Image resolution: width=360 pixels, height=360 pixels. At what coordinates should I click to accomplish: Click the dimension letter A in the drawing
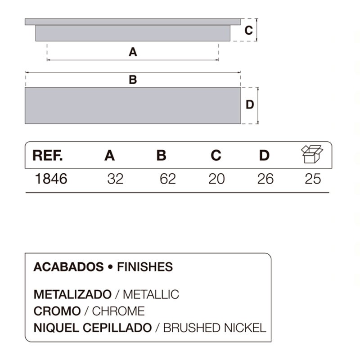pos(133,52)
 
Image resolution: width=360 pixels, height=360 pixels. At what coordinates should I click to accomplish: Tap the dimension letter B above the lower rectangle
pos(133,80)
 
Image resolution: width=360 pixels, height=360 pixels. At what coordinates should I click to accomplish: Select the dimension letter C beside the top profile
pos(249,30)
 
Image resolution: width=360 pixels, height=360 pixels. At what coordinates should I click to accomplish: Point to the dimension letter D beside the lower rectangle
pos(250,105)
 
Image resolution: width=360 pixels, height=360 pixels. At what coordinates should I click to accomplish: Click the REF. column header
pos(48,155)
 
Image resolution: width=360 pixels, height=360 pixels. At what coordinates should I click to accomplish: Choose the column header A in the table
pos(109,155)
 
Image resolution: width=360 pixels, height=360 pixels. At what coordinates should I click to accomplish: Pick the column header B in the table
pos(161,155)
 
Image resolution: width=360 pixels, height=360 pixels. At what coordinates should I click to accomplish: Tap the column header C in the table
pos(216,155)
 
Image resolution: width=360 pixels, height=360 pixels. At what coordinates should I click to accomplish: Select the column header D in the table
pos(264,155)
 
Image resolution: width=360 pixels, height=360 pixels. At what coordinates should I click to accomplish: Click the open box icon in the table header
pos(312,154)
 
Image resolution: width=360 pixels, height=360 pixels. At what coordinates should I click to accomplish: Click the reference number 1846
pos(51,179)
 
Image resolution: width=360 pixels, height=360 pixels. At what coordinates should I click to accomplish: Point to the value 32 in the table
pos(115,179)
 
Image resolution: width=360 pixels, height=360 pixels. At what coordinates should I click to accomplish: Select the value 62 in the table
pos(168,179)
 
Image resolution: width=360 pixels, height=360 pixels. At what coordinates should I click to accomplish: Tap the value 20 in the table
pos(216,179)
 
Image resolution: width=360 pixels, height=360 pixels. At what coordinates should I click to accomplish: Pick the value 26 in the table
pos(265,179)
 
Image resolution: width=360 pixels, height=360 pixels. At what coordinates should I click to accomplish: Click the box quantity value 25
pos(313,179)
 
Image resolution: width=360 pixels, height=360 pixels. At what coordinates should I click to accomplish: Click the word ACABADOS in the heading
pos(69,267)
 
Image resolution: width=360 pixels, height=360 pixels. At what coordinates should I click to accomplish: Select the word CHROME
pos(118,311)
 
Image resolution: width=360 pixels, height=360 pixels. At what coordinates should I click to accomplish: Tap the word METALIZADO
pos(72,294)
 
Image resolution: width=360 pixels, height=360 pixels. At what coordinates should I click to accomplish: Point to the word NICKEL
pos(245,328)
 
